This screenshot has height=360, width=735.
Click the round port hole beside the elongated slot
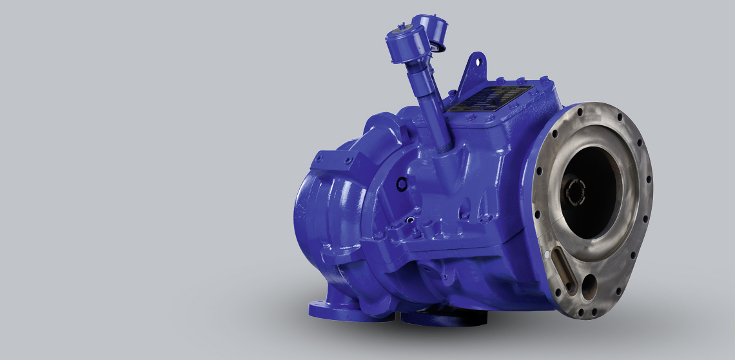588,284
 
